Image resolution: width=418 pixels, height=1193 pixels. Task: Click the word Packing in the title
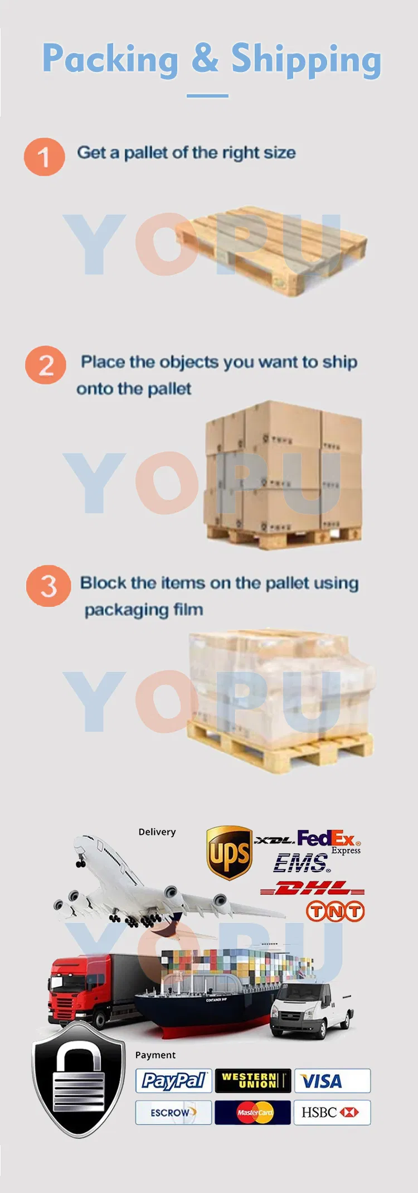click(110, 59)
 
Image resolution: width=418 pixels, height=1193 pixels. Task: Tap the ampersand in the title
click(205, 57)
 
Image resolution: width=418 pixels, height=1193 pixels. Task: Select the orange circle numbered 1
click(44, 157)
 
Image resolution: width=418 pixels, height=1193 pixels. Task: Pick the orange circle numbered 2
click(46, 365)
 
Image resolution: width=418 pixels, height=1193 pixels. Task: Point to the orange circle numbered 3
click(48, 586)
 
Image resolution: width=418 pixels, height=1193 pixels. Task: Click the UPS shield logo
click(229, 853)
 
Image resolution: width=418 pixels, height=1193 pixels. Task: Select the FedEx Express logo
click(329, 842)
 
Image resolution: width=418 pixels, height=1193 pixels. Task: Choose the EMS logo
click(302, 863)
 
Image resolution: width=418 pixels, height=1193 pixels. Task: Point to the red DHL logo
click(312, 888)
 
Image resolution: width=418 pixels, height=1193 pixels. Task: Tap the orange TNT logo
click(335, 912)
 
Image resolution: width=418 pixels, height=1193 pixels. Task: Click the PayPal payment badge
click(173, 1081)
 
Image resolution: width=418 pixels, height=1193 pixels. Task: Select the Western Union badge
click(253, 1081)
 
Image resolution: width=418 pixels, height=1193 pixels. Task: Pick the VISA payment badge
click(332, 1081)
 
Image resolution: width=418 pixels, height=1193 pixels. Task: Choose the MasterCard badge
click(253, 1113)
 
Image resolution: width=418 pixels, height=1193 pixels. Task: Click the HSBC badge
click(332, 1113)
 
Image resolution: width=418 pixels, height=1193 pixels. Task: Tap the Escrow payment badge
click(173, 1113)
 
